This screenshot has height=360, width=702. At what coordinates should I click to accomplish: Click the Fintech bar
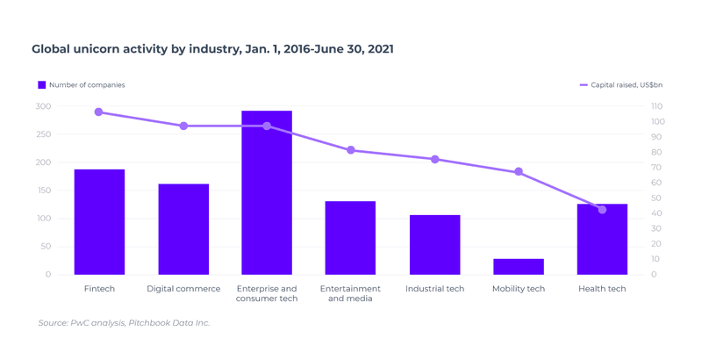tap(99, 222)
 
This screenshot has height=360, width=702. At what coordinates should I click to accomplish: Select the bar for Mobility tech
tap(519, 267)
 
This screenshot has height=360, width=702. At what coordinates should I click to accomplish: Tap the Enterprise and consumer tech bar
tap(267, 193)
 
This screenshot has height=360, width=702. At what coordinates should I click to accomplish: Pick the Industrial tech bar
tap(434, 245)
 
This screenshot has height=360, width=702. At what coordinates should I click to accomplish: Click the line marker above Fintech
tap(98, 112)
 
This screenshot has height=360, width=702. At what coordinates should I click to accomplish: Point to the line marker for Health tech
tap(602, 210)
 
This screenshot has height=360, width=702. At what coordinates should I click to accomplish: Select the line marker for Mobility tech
tap(519, 172)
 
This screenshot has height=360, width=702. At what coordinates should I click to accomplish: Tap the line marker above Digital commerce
tap(183, 126)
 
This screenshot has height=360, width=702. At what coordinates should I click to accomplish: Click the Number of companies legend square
tap(41, 85)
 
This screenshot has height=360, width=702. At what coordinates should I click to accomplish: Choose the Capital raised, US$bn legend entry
tap(621, 85)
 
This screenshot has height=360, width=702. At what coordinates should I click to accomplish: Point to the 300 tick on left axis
tap(43, 106)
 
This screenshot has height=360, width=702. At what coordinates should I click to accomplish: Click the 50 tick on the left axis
tap(46, 247)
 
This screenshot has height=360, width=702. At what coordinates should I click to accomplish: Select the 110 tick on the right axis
tap(657, 106)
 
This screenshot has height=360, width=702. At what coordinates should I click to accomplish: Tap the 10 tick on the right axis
tap(655, 259)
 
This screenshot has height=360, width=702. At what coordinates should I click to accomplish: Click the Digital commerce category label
tap(183, 289)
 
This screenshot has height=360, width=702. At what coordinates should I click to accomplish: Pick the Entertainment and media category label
tap(350, 293)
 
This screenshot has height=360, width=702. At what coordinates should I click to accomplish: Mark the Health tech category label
tap(602, 289)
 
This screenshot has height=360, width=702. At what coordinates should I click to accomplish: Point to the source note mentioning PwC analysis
tap(124, 323)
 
